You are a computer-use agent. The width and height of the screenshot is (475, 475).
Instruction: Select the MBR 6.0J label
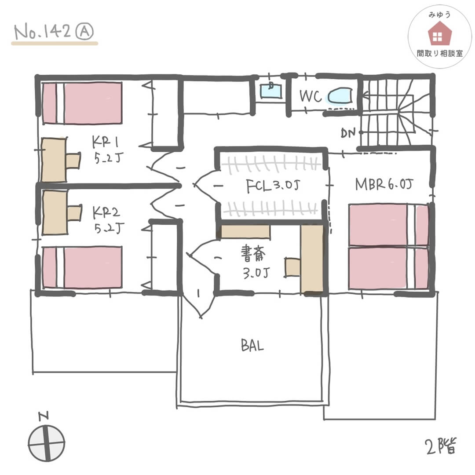tap(384, 185)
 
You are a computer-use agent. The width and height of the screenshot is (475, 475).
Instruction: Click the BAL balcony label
tap(252, 346)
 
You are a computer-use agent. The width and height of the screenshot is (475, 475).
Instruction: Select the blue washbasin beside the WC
tap(270, 91)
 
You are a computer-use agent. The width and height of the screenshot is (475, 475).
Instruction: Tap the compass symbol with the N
tap(46, 441)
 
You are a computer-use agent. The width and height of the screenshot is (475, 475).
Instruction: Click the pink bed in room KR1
tap(82, 103)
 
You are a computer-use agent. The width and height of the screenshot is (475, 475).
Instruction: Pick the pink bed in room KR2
tap(82, 267)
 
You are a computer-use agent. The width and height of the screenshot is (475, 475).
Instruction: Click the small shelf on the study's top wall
tap(245, 231)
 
